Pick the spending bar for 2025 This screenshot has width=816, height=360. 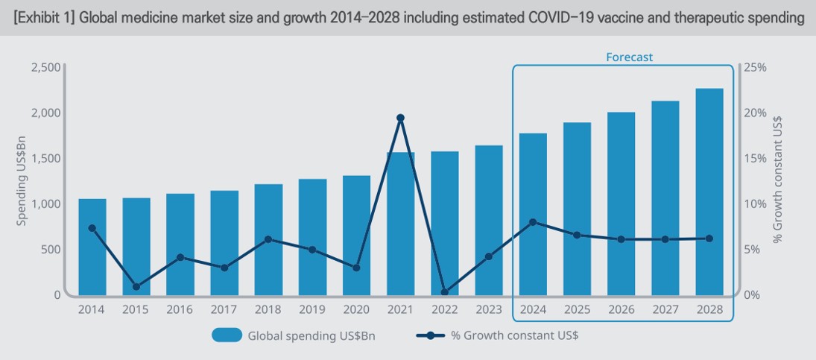coord(576,209)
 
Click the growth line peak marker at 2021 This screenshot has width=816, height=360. coord(400,118)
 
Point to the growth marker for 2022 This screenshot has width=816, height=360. coord(444,293)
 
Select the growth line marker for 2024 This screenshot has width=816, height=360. coord(532,222)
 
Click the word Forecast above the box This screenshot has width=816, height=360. coord(629,57)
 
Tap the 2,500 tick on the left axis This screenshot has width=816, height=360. coord(45,67)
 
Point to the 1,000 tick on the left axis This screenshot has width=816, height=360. coord(45,203)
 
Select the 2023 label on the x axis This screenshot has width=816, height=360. coord(488,309)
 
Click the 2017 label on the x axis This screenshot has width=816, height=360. coord(224,309)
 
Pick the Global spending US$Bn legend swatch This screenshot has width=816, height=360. coord(227,335)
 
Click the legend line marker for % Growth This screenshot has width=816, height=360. coord(430,335)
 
